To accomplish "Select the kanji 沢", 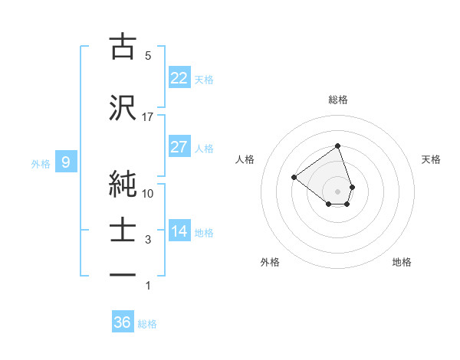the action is click(x=123, y=108).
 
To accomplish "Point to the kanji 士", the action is click(x=123, y=231).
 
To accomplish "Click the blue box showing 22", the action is click(x=179, y=77).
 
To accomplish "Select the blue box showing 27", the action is click(x=179, y=147).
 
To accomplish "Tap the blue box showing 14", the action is click(x=179, y=232).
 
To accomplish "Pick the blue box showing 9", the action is click(x=66, y=162).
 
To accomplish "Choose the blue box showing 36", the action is click(x=123, y=322).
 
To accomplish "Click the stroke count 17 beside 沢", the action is click(x=148, y=117).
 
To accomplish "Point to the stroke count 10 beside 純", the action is click(x=148, y=193).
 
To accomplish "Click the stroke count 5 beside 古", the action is click(x=148, y=56).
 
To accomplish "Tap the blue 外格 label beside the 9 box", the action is click(x=41, y=163).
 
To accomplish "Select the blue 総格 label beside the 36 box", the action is click(x=147, y=324).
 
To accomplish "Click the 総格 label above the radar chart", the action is click(x=337, y=100).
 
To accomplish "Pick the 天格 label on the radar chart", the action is click(x=432, y=159).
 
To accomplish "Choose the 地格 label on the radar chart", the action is click(x=402, y=262).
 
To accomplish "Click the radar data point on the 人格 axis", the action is click(x=294, y=177).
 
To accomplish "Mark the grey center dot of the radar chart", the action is click(x=337, y=191).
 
